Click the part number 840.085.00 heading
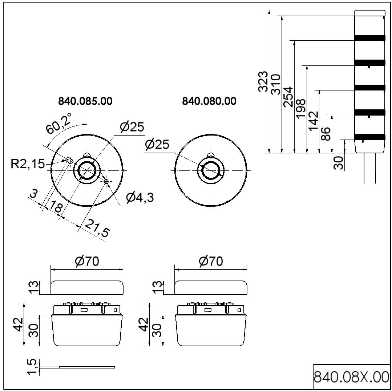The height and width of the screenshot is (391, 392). [85, 101]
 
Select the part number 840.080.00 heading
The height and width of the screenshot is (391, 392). [209, 101]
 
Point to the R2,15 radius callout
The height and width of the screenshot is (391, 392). [27, 164]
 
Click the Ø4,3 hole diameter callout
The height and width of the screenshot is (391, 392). [140, 198]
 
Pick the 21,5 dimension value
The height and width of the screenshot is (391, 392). [97, 229]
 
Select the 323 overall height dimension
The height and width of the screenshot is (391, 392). [263, 82]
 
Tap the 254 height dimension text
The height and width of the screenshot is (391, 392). [288, 97]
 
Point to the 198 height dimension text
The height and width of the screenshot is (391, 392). [301, 109]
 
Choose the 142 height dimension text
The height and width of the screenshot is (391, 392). [313, 121]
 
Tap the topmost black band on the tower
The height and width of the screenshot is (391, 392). [369, 38]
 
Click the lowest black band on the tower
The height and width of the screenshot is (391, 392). [369, 137]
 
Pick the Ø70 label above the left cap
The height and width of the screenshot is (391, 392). [87, 261]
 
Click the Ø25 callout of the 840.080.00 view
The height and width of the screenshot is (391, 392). [157, 145]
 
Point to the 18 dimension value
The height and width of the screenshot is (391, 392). [56, 207]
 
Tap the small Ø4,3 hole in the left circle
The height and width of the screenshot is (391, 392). [106, 181]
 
